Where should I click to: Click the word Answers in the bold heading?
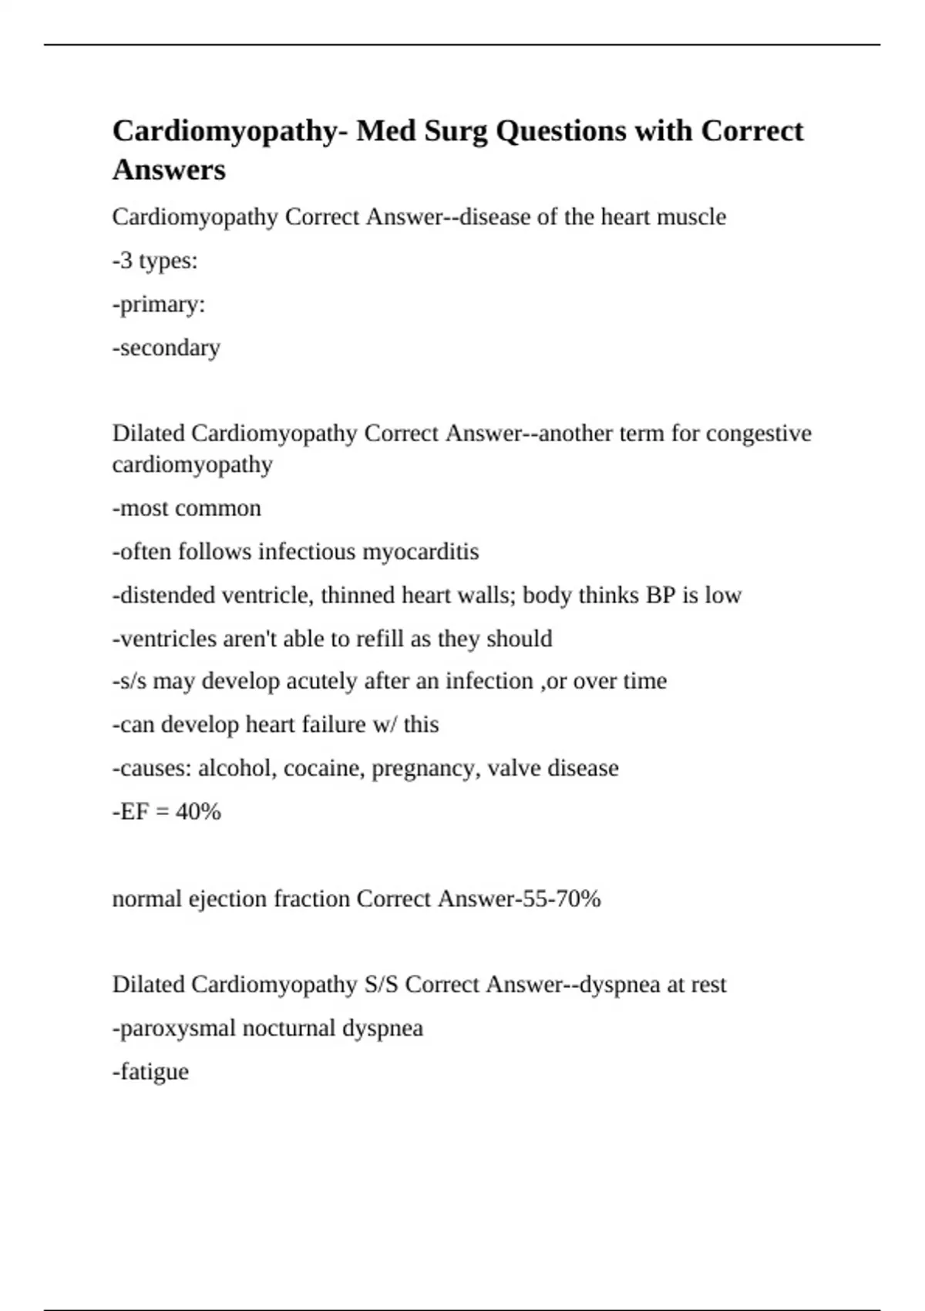[x=169, y=170]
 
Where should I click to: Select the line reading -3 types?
[x=155, y=261]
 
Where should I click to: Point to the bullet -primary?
[x=159, y=305]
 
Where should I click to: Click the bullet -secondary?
[x=166, y=348]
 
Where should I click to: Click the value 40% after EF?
[x=198, y=811]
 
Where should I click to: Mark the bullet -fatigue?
[x=150, y=1072]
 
